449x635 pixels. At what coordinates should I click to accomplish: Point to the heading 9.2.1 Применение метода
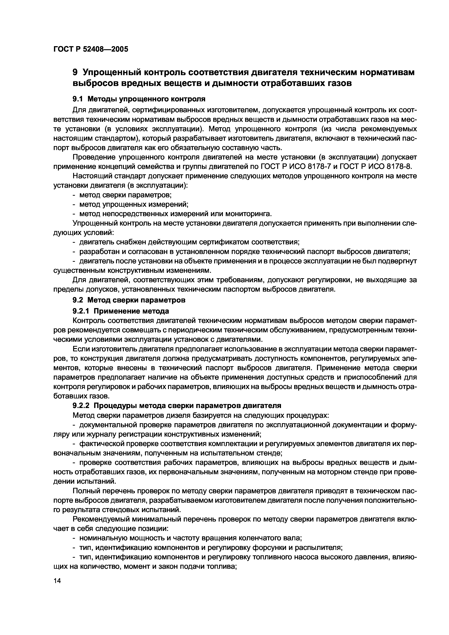121,311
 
